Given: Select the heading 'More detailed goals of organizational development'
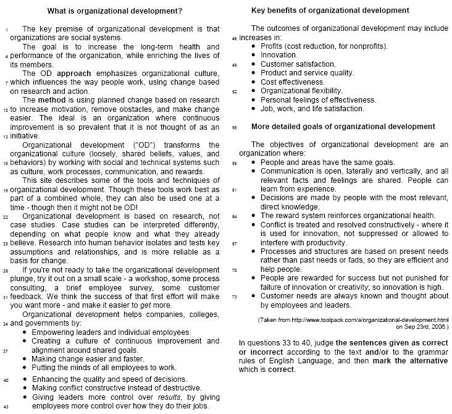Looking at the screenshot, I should click(x=343, y=127).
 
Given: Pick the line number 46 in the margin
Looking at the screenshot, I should click(x=234, y=38).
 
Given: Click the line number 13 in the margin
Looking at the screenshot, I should click(x=6, y=137).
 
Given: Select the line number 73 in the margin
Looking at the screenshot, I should click(x=234, y=297).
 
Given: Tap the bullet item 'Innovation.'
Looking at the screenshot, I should click(x=278, y=55).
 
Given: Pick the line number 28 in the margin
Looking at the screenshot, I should click(x=6, y=270).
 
